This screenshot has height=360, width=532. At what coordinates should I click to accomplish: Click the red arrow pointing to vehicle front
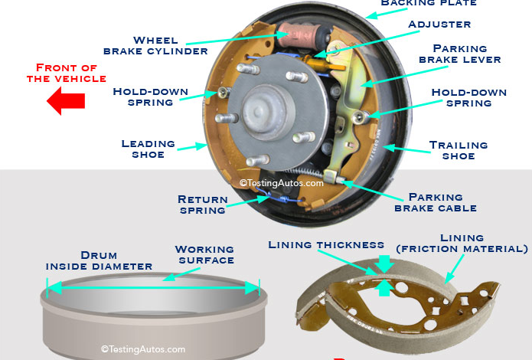pyautogui.click(x=65, y=100)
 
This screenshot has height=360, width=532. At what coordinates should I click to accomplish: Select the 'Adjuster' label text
pyautogui.click(x=439, y=24)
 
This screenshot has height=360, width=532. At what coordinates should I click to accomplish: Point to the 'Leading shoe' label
pyautogui.click(x=149, y=149)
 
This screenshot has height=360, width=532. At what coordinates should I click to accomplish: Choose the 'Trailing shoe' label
pyautogui.click(x=459, y=150)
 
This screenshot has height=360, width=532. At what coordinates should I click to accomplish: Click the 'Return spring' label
pyautogui.click(x=202, y=205)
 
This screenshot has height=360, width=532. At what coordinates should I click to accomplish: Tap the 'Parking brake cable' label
pyautogui.click(x=435, y=202)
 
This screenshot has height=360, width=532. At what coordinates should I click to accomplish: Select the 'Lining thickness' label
pyautogui.click(x=326, y=245)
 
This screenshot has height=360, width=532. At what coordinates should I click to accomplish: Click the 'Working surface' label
pyautogui.click(x=204, y=254)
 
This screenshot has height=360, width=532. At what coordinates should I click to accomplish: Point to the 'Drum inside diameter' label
pyautogui.click(x=99, y=260)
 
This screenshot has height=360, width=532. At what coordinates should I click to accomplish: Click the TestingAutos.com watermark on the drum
pyautogui.click(x=143, y=349)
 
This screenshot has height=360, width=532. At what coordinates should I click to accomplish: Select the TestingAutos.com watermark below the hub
pyautogui.click(x=281, y=183)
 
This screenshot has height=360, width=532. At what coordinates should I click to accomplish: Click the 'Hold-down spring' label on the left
pyautogui.click(x=150, y=97)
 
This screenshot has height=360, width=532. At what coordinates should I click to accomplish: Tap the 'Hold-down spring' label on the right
pyautogui.click(x=468, y=97)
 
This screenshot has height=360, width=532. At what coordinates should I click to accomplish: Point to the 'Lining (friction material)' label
pyautogui.click(x=462, y=244)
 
